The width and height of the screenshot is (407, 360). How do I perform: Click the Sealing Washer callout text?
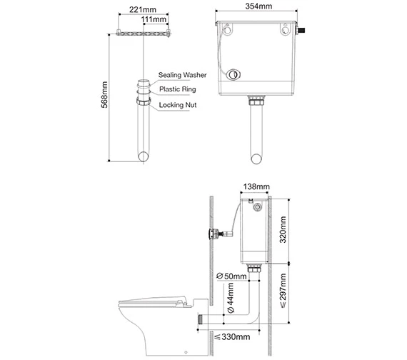point(182,75)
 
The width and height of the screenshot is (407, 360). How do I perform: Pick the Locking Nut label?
point(177,105)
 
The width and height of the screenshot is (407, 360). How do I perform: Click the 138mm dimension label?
point(256,187)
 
